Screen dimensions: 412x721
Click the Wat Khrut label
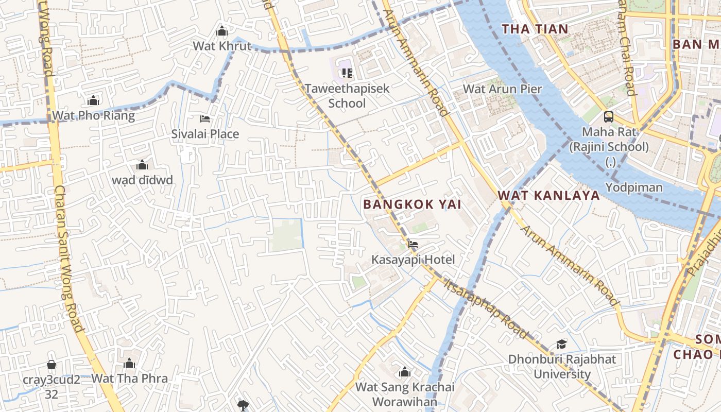[222, 46]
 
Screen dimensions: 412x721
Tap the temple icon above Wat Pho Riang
[93, 100]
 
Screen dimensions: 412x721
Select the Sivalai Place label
[205, 134]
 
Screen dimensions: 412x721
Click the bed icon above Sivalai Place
[205, 119]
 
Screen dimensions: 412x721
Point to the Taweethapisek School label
[347, 95]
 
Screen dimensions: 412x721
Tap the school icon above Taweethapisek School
[347, 73]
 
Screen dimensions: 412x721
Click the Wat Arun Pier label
[502, 89]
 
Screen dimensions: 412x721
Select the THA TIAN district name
[535, 29]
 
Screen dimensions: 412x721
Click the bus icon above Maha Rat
[609, 116]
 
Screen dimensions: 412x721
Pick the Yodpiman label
[633, 187]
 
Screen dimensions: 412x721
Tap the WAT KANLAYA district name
[549, 196]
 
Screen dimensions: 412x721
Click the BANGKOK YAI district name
[412, 204]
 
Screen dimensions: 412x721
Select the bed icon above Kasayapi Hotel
[413, 244]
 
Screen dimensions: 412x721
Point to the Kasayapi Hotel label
[413, 259]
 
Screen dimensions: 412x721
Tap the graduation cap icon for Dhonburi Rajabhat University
[561, 344]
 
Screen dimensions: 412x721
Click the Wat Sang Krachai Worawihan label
[405, 394]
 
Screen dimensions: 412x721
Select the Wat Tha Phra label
[129, 379]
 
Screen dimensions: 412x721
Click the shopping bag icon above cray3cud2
[51, 365]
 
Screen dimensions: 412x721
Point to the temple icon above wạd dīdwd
[142, 165]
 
